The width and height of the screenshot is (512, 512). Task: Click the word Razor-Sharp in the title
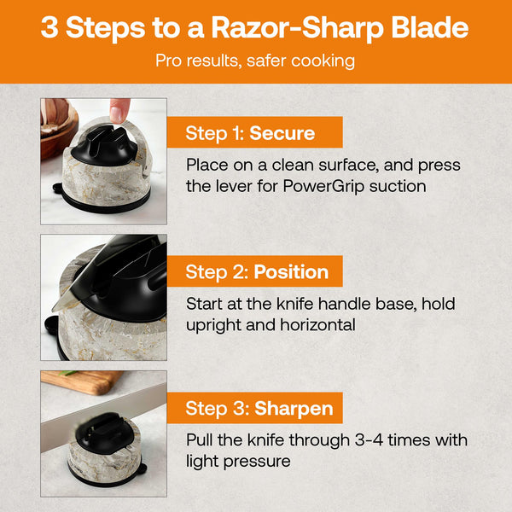(x=298, y=28)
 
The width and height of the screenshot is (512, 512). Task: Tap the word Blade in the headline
(x=430, y=27)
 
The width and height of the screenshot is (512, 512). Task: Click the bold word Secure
(x=282, y=133)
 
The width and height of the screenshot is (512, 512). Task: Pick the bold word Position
(x=291, y=272)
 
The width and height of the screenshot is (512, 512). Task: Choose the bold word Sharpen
(x=294, y=409)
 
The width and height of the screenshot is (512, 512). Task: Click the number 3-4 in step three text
(x=369, y=440)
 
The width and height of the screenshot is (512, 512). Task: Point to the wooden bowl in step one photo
(x=60, y=127)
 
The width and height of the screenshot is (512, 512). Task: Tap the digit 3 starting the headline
(x=50, y=27)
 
